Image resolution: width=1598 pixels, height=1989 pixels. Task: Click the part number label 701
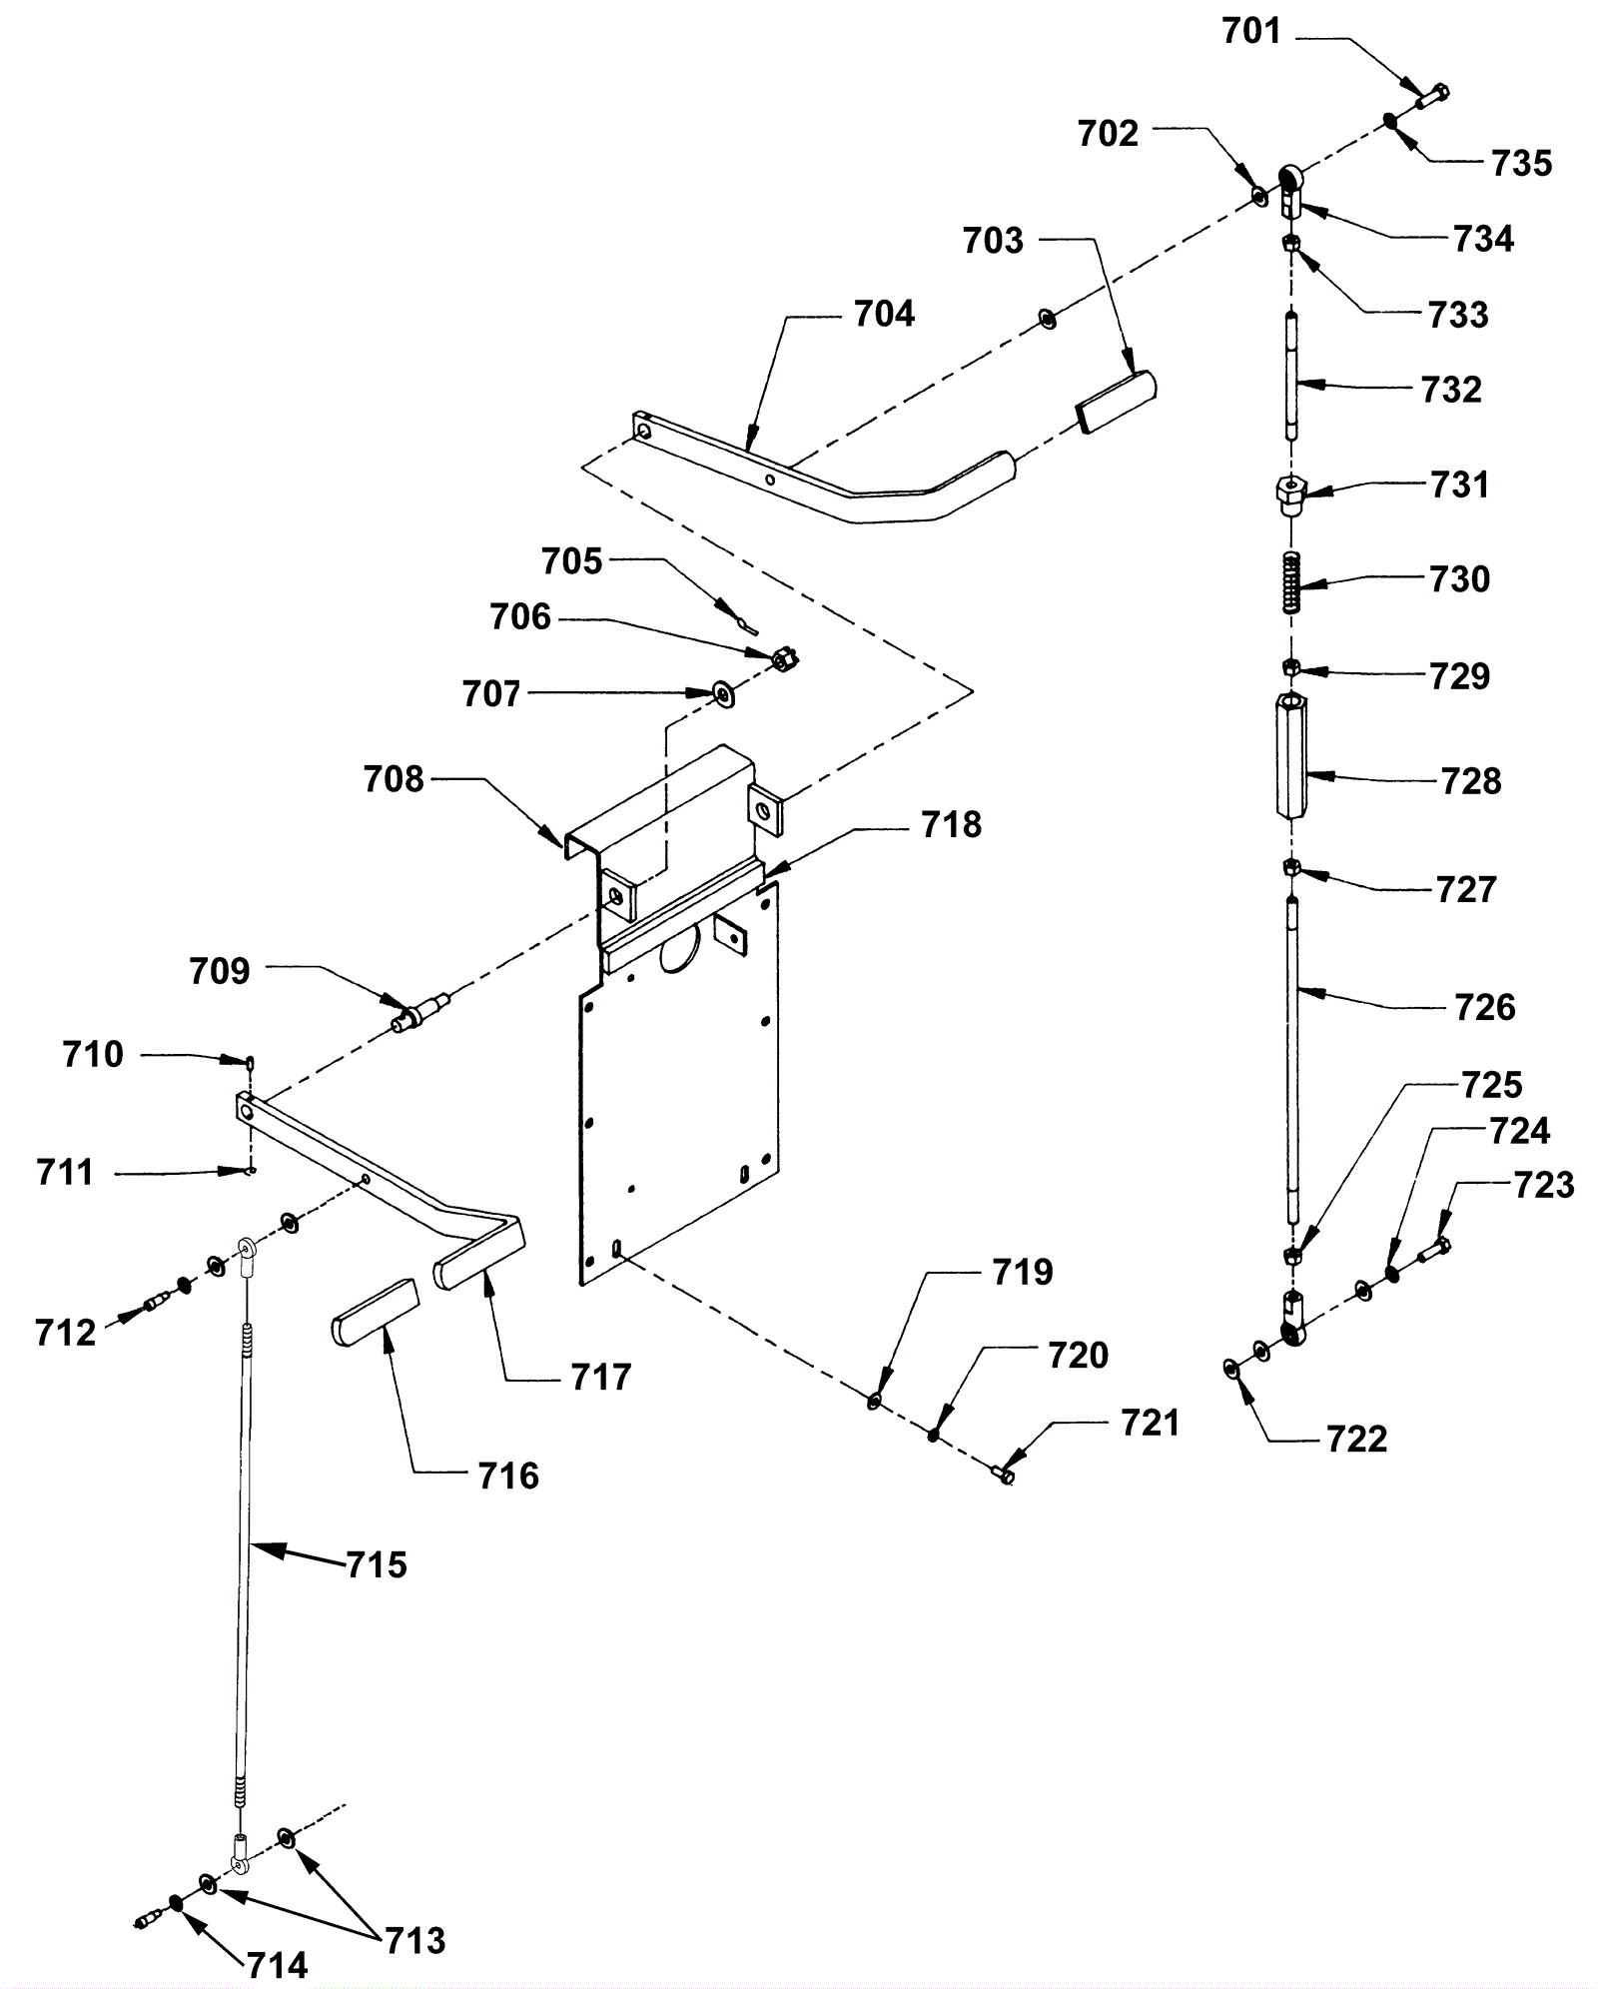point(1250,32)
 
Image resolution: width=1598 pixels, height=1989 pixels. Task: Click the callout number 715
point(377,1564)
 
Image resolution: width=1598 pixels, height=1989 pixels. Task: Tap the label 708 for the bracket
point(394,779)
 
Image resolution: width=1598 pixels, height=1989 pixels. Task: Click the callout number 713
point(415,1941)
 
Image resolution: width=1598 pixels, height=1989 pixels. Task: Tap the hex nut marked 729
point(1291,666)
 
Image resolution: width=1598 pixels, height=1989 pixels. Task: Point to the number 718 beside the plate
point(951,825)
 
